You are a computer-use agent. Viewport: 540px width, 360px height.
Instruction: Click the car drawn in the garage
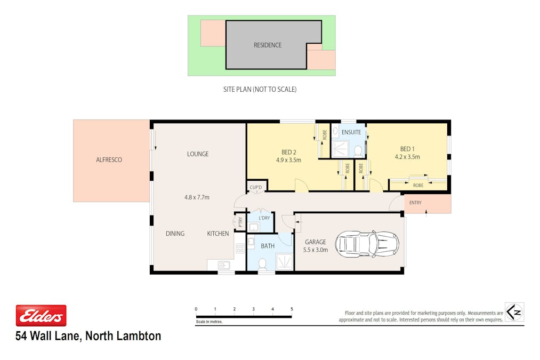click(x=367, y=244)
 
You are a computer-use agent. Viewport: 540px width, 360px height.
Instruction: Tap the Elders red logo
click(x=41, y=316)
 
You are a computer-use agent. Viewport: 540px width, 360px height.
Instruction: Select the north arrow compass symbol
click(x=514, y=311)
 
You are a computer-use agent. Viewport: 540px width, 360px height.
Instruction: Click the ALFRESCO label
click(x=109, y=159)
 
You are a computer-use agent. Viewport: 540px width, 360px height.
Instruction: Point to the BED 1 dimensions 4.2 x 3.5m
click(x=407, y=157)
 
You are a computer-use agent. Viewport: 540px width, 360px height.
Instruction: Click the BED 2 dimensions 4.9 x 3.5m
click(x=288, y=160)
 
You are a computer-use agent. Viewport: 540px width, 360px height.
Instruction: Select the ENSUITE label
click(x=351, y=132)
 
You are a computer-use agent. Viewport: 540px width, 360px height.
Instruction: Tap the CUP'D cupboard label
click(x=256, y=187)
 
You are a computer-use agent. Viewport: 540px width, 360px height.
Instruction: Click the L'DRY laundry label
click(x=264, y=218)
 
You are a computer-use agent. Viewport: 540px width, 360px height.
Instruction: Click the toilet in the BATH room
click(x=262, y=263)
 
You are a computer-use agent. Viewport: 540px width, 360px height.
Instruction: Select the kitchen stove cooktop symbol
click(x=240, y=247)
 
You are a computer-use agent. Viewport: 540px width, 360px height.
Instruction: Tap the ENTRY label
click(x=415, y=203)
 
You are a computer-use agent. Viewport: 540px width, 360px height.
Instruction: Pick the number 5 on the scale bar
click(x=292, y=309)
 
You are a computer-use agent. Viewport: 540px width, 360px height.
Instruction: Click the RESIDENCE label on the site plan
click(x=267, y=45)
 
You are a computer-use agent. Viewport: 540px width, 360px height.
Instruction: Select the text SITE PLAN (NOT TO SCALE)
click(x=260, y=90)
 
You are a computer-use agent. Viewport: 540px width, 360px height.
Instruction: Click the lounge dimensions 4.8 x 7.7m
click(x=197, y=197)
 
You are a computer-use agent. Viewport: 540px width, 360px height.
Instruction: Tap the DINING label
click(x=175, y=234)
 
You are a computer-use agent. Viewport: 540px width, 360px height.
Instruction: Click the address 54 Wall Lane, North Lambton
click(x=88, y=336)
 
